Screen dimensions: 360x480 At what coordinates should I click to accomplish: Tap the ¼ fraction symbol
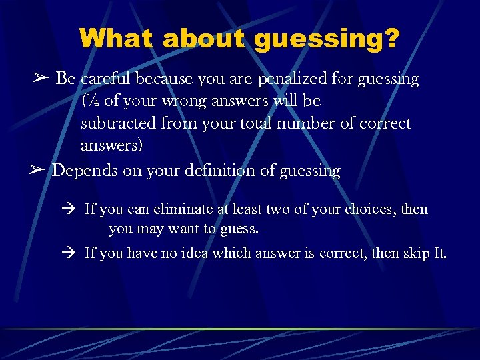click(x=91, y=102)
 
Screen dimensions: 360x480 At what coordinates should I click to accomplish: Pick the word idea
click(x=192, y=253)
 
